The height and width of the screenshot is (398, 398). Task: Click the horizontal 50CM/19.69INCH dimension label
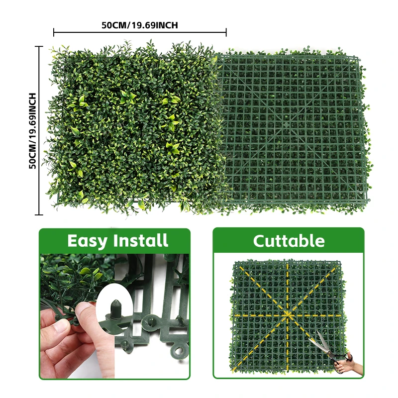click(x=140, y=25)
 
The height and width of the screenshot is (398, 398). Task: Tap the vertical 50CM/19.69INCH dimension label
click(x=33, y=131)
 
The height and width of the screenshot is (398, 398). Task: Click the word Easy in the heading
click(x=88, y=241)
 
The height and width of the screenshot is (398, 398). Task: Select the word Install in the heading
click(x=141, y=241)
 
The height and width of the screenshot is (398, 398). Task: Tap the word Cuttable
click(x=289, y=241)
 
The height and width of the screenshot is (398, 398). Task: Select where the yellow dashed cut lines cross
click(x=288, y=315)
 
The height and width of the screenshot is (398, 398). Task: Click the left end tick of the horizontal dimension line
click(x=54, y=33)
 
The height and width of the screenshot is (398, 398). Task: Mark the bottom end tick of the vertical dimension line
click(x=39, y=215)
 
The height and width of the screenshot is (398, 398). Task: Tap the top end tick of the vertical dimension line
click(x=39, y=46)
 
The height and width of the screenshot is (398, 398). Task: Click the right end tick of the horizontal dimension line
click(x=226, y=33)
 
